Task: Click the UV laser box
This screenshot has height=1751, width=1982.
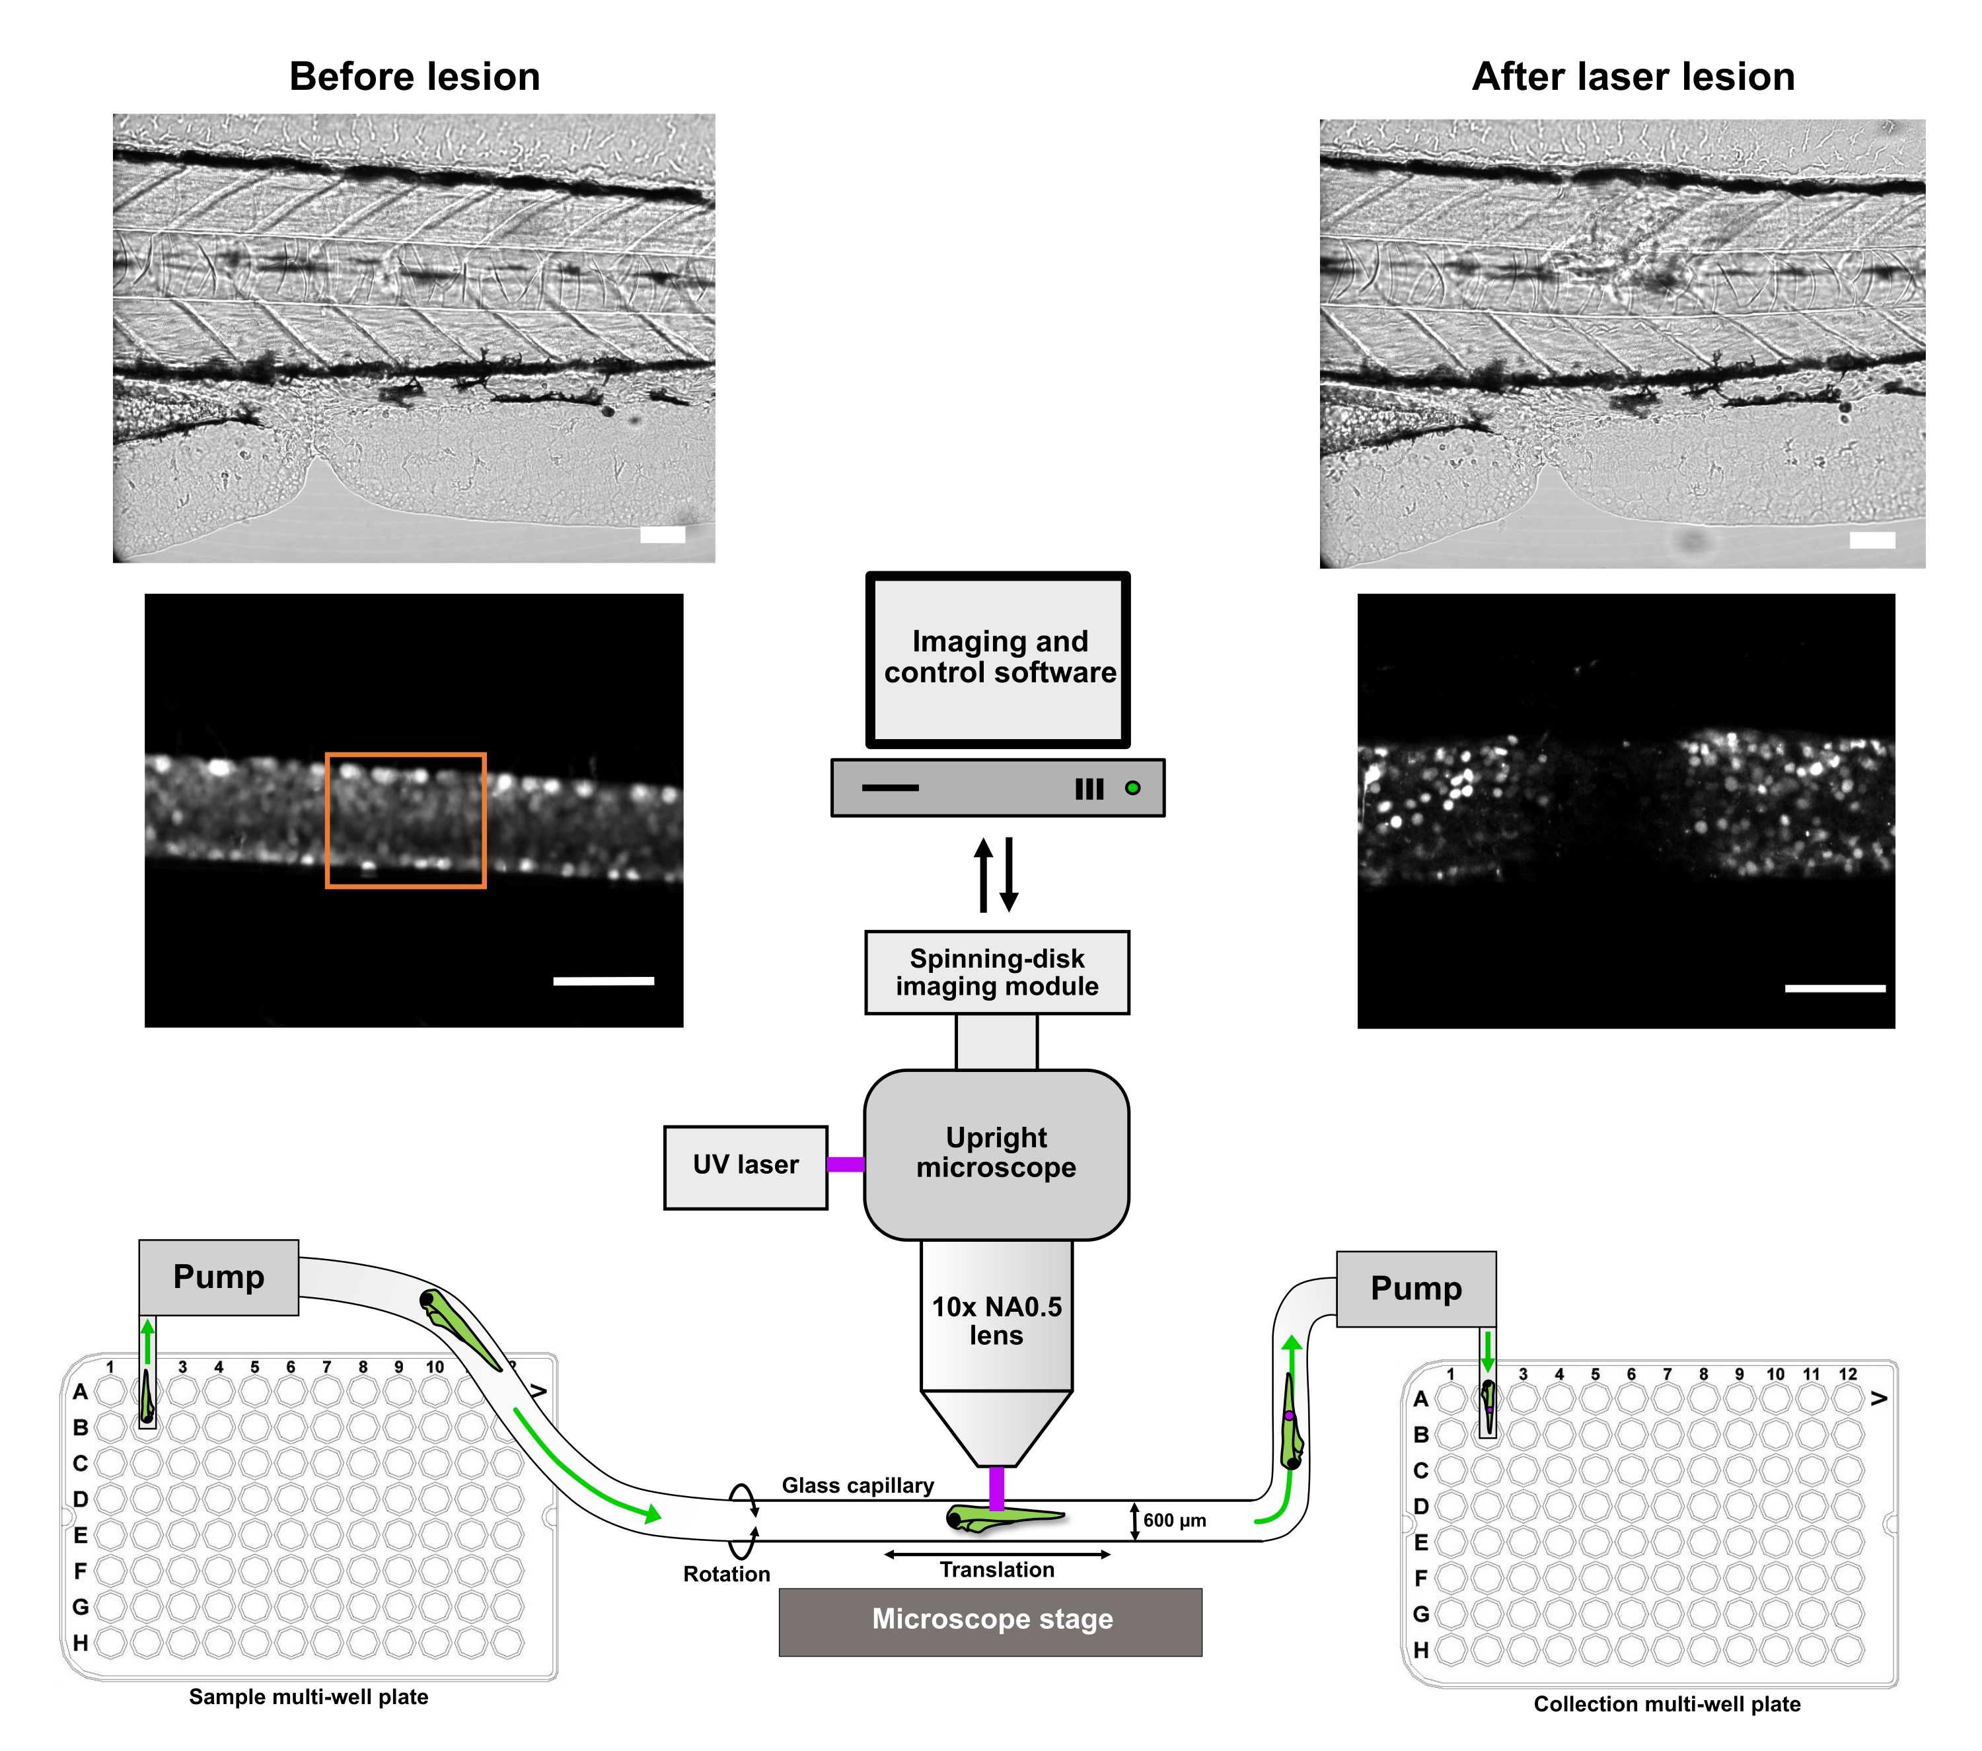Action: click(745, 1166)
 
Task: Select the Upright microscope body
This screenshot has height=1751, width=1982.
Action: click(996, 1154)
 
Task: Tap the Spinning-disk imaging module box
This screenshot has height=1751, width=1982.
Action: click(997, 972)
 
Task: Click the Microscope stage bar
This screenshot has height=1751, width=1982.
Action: click(990, 1621)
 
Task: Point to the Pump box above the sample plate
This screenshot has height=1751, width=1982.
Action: click(218, 1277)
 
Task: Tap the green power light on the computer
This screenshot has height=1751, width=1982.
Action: click(1132, 788)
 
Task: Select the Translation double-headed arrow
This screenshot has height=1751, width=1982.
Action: click(997, 1554)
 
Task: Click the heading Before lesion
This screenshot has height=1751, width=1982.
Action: click(414, 77)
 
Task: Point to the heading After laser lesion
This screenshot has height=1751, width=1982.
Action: click(1633, 77)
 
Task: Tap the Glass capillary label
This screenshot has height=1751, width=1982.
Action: click(857, 1485)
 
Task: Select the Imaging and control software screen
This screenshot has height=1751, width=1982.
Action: click(998, 659)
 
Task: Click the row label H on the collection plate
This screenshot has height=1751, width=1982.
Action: click(1420, 1650)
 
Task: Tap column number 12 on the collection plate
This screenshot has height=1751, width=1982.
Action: click(1847, 1374)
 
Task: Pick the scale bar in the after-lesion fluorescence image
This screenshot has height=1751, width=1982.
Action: click(1835, 989)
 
